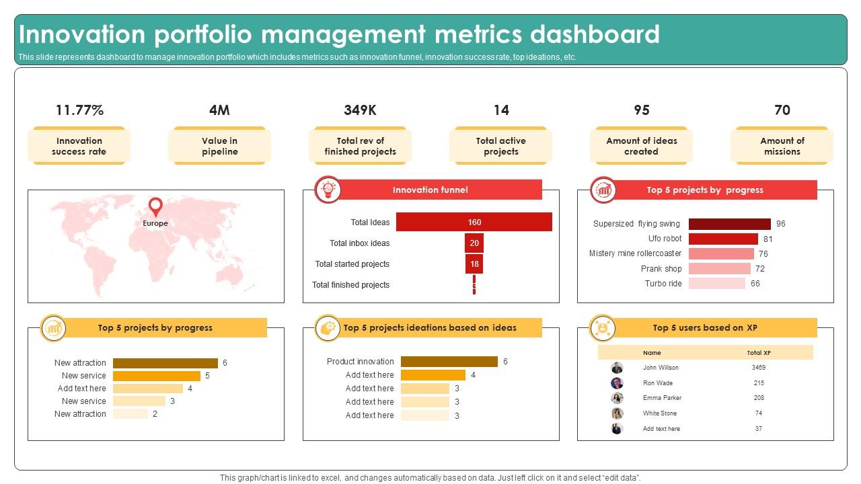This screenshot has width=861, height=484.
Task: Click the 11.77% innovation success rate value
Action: pyautogui.click(x=79, y=110)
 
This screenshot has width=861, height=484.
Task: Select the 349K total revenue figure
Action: pyautogui.click(x=360, y=110)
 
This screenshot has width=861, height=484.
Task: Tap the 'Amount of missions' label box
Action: pyautogui.click(x=782, y=146)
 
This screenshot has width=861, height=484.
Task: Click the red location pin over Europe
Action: pyautogui.click(x=155, y=206)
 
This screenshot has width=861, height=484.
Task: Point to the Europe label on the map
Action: pyautogui.click(x=155, y=223)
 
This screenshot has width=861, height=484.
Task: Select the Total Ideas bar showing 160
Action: pyautogui.click(x=474, y=223)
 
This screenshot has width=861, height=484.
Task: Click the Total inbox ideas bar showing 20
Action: pyautogui.click(x=474, y=243)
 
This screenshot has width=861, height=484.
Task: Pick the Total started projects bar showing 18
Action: pyautogui.click(x=474, y=264)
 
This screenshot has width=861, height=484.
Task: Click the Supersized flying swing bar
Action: pyautogui.click(x=729, y=224)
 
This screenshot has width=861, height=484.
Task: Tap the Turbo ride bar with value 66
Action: pyautogui.click(x=716, y=284)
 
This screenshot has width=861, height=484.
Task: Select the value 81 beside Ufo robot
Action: pyautogui.click(x=768, y=239)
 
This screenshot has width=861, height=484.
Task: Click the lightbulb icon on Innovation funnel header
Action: pyautogui.click(x=328, y=190)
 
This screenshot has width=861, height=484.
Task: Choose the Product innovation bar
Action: pyautogui.click(x=449, y=362)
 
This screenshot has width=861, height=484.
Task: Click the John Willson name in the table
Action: pyautogui.click(x=661, y=368)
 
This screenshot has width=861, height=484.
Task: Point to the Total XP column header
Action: pyautogui.click(x=759, y=352)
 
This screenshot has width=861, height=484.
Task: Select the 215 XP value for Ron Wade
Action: pyautogui.click(x=759, y=383)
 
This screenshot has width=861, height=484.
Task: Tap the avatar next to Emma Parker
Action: pyautogui.click(x=617, y=398)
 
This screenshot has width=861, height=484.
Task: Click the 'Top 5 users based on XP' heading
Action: pyautogui.click(x=705, y=328)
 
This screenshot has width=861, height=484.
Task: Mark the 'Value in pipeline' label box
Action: pyautogui.click(x=219, y=146)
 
